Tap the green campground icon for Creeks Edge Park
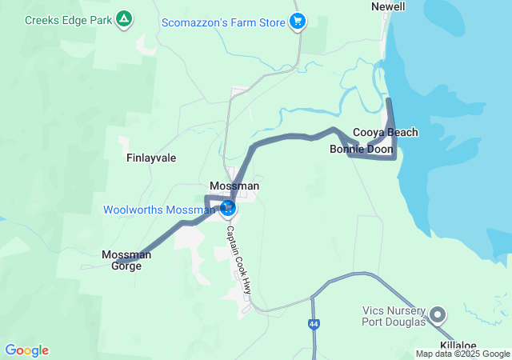pyautogui.click(x=123, y=18)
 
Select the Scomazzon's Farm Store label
pyautogui.click(x=222, y=22)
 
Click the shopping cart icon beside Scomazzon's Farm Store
pyautogui.click(x=298, y=22)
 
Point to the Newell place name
pyautogui.click(x=389, y=6)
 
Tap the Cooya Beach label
pyautogui.click(x=386, y=132)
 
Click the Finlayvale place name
pyautogui.click(x=151, y=158)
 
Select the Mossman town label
pyautogui.click(x=234, y=186)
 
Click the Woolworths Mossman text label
pyautogui.click(x=159, y=210)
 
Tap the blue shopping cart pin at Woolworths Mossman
pyautogui.click(x=228, y=208)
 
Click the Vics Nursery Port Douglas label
pyautogui.click(x=394, y=317)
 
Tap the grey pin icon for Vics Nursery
pyautogui.click(x=438, y=314)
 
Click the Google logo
pyautogui.click(x=26, y=350)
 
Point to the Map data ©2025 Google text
pyautogui.click(x=462, y=354)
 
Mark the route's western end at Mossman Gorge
pyautogui.click(x=118, y=262)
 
